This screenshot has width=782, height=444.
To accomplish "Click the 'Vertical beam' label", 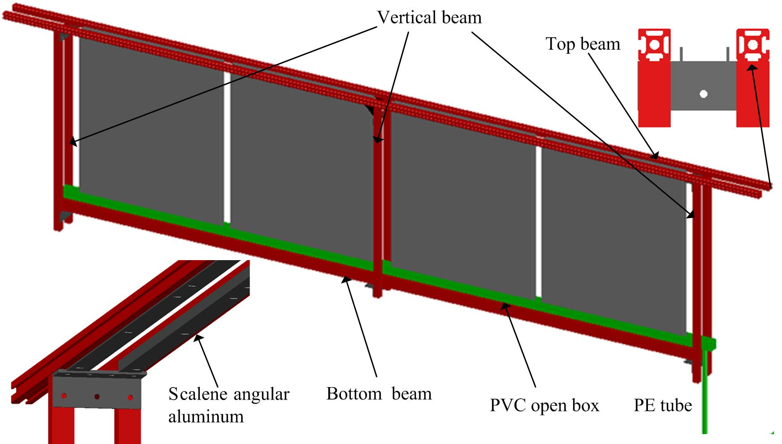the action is click(x=429, y=17).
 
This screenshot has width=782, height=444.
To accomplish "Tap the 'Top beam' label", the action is click(x=583, y=44).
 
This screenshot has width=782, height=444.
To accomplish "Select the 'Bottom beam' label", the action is click(x=379, y=394).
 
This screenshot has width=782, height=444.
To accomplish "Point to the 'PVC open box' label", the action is click(x=544, y=405).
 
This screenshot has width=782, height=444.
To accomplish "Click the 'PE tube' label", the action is click(x=663, y=405).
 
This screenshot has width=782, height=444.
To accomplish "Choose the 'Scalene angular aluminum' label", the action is click(x=229, y=405).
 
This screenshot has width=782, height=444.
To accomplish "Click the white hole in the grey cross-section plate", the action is click(x=704, y=94).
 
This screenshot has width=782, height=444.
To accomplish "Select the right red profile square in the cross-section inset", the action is click(x=753, y=45).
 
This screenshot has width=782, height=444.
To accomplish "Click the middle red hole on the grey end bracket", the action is click(x=97, y=397).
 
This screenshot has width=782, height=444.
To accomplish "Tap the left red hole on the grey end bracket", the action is click(x=64, y=396).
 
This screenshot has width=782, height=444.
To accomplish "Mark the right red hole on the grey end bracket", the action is click(x=130, y=397).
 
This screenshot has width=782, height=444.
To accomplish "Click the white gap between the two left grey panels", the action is click(x=227, y=148).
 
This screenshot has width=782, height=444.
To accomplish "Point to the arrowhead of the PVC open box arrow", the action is click(x=505, y=307).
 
